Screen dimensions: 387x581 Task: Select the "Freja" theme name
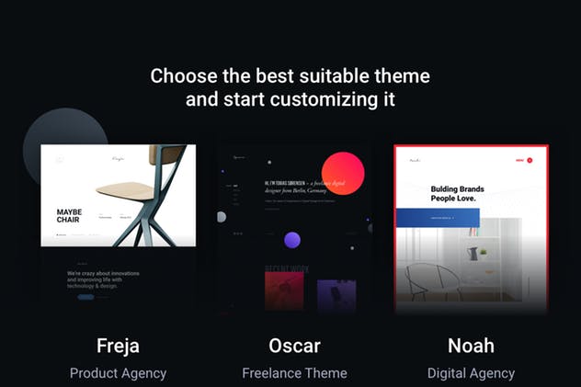[x=118, y=346]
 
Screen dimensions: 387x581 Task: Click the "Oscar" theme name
[x=294, y=346]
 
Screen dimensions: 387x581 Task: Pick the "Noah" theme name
[x=471, y=346]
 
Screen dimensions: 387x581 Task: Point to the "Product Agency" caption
[x=118, y=373]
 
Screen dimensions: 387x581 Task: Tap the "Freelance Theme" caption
[x=294, y=373]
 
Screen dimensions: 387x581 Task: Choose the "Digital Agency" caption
[x=471, y=373]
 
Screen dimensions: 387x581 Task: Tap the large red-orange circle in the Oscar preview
[x=343, y=173]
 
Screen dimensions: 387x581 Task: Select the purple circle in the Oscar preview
[x=292, y=241]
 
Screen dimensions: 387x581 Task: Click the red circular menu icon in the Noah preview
[x=530, y=161]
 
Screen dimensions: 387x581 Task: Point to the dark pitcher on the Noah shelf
[x=473, y=253]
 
